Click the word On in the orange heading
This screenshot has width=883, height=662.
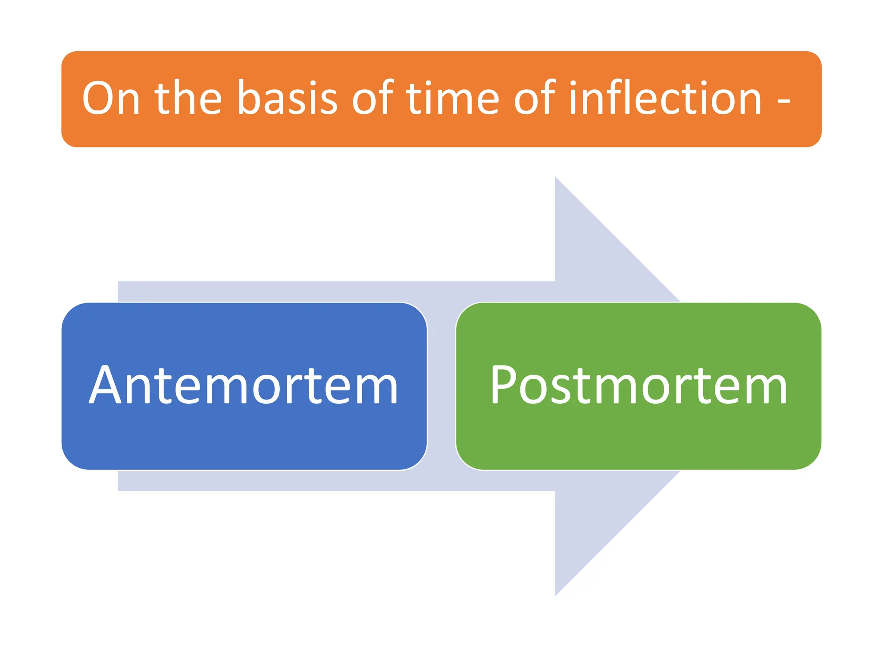111,98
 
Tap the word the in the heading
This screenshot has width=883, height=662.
188,98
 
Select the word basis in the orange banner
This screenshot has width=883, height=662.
288,98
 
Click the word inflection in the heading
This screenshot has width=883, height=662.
665,98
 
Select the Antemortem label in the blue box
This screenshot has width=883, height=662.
244,385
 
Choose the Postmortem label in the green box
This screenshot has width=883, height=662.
639,385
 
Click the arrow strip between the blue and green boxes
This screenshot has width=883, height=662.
441,386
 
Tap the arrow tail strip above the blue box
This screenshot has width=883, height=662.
302,291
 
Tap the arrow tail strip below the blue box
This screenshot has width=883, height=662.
302,481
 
